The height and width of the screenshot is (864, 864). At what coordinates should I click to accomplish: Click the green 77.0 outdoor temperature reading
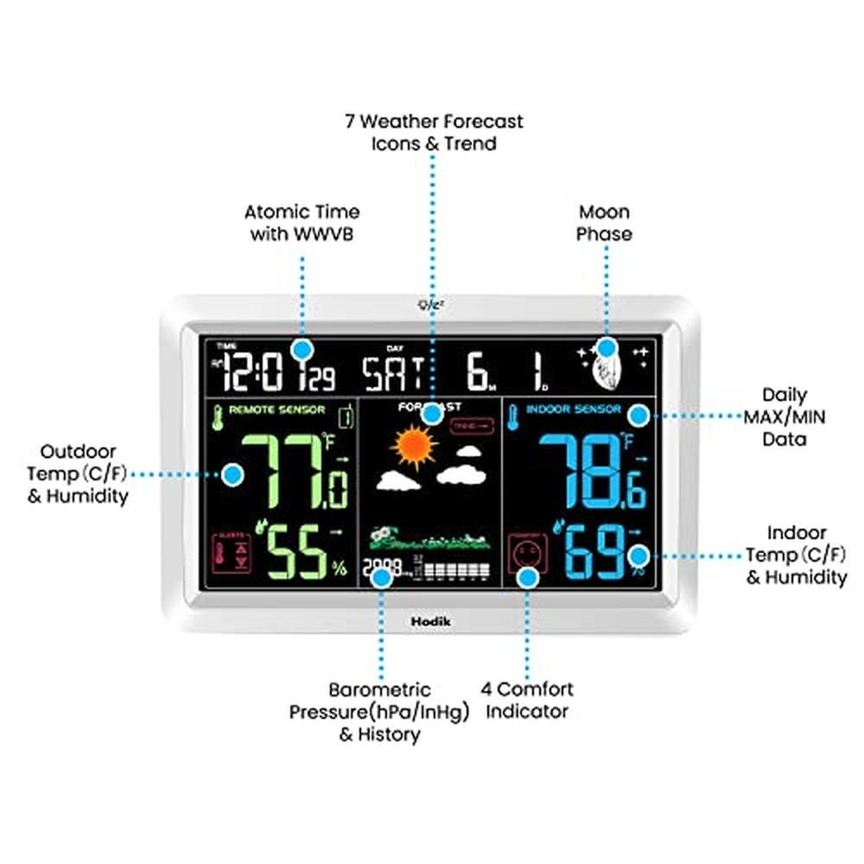tap(294, 472)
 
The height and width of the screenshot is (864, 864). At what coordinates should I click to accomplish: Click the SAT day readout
tap(393, 373)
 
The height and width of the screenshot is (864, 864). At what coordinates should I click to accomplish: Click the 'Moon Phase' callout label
tap(604, 223)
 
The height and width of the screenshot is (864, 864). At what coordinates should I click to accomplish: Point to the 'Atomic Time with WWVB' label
tap(302, 223)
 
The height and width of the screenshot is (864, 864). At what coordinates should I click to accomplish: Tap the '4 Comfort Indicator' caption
tap(527, 701)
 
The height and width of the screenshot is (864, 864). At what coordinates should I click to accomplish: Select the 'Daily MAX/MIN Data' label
tap(785, 416)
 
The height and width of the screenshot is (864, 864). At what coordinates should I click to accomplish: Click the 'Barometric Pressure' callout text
tap(379, 712)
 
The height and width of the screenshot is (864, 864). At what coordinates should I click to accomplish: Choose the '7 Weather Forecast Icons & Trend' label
tap(434, 132)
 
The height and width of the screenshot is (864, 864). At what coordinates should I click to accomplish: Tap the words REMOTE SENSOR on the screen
tap(277, 410)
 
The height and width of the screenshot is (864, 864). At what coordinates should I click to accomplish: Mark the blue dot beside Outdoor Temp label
tap(232, 473)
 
